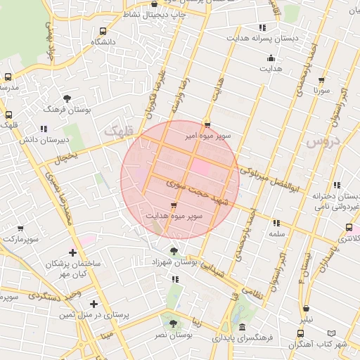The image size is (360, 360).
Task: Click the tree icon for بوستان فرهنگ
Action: [67, 98]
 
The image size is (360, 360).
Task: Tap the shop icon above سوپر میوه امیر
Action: [207, 124]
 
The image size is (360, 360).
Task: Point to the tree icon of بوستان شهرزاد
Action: [174, 250]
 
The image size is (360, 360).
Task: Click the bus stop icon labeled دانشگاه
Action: [103, 32]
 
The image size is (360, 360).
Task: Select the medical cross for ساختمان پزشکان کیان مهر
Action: [73, 252]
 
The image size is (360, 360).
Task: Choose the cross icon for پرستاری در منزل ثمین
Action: [94, 304]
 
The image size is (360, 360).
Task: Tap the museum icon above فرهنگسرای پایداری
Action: [242, 328]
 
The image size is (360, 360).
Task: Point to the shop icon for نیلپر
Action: [306, 308]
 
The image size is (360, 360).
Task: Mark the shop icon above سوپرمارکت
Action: [20, 229]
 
